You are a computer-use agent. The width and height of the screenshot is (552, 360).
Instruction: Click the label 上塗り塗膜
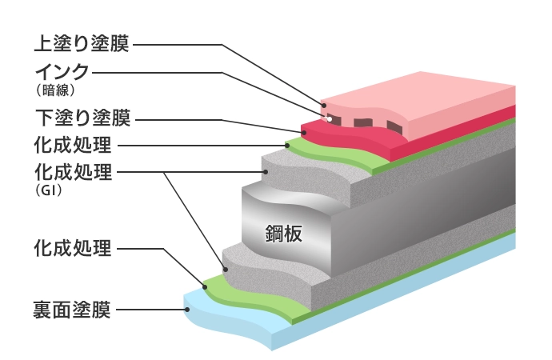83,42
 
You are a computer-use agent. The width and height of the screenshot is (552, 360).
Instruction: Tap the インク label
62,73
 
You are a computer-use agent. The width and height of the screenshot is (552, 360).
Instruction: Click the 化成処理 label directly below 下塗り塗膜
73,146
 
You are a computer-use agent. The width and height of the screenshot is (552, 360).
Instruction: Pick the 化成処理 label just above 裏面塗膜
73,249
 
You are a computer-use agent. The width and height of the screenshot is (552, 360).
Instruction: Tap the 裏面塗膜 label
73,309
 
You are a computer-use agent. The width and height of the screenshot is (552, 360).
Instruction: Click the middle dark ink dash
363,123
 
